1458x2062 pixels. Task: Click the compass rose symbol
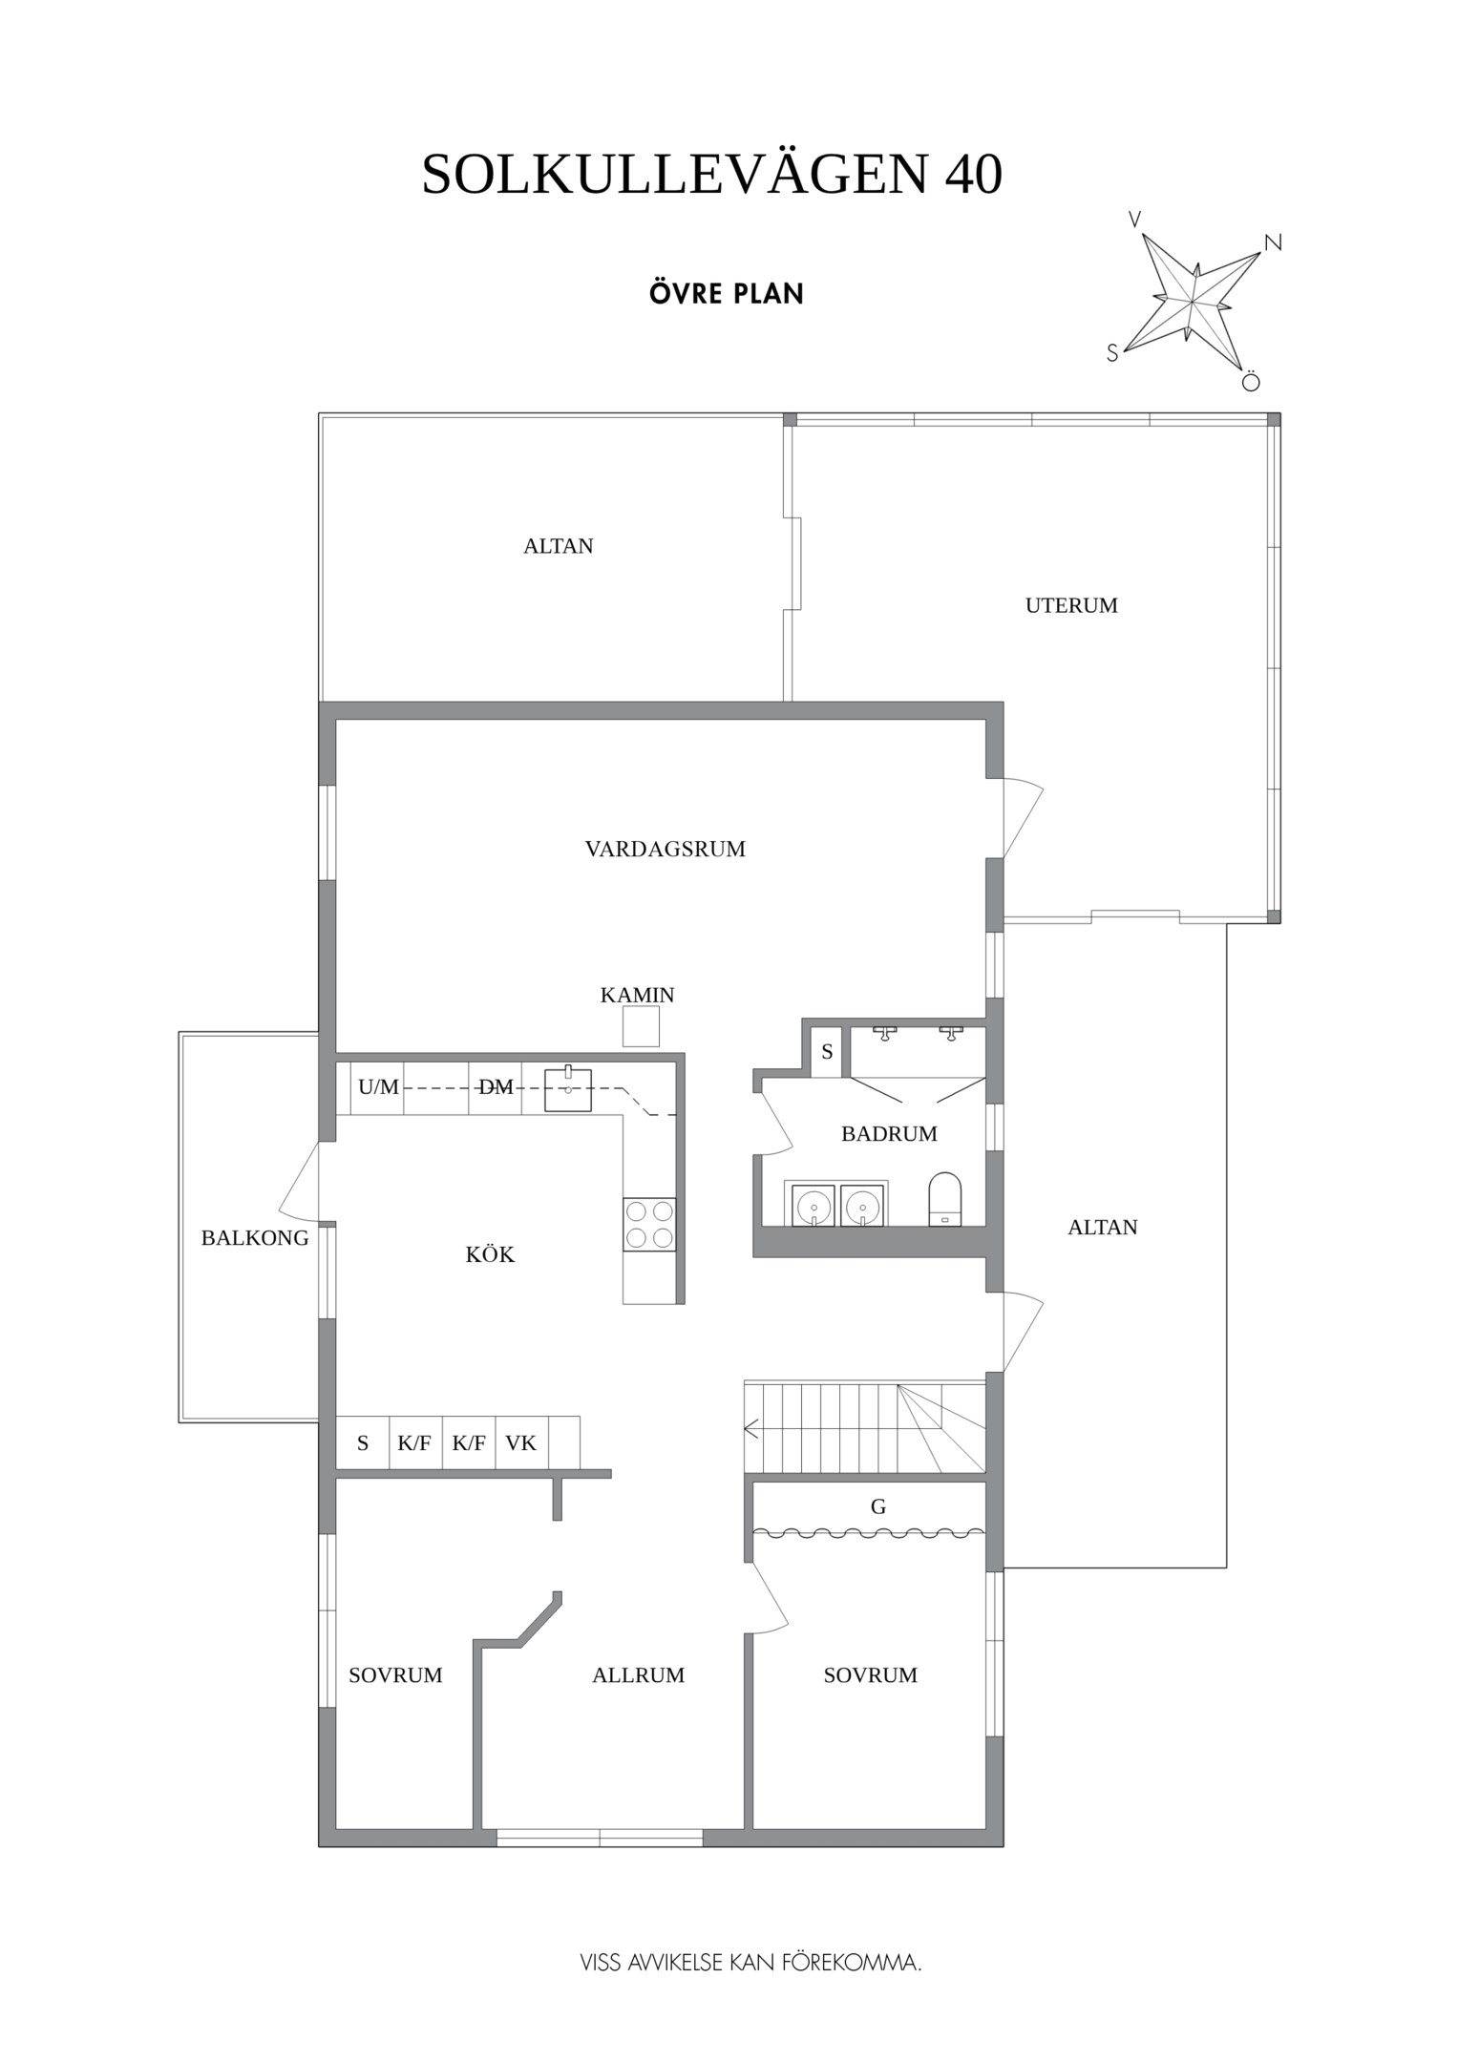tap(1194, 302)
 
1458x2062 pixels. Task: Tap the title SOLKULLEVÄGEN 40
tap(711, 175)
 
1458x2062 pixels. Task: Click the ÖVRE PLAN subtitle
tap(726, 293)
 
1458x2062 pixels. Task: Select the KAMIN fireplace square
tap(641, 1028)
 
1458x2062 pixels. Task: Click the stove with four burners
tap(649, 1224)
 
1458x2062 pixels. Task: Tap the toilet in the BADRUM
tap(946, 1199)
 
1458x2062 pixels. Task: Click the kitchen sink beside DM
tap(568, 1090)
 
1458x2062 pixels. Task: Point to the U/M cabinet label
tap(378, 1086)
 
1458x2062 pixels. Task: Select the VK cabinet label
tap(520, 1442)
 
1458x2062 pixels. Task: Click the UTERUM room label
tap(1070, 605)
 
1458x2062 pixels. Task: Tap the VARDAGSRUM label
tap(665, 849)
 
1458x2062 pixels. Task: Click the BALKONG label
tap(255, 1238)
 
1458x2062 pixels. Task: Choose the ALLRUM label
tap(638, 1674)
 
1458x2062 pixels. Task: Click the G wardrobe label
tap(877, 1506)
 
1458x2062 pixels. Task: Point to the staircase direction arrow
tap(751, 1429)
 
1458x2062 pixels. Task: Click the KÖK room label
tap(490, 1254)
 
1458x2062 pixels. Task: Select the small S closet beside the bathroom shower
tap(827, 1052)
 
